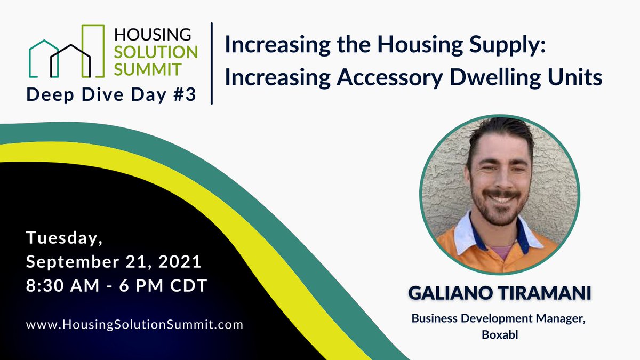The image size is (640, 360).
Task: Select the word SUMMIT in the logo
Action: (x=148, y=68)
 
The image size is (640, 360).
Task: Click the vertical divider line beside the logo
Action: (x=212, y=63)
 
